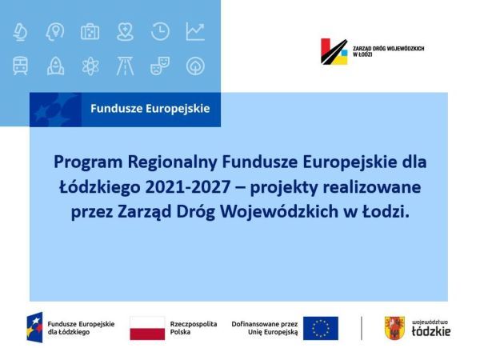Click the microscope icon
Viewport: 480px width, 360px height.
(x=20, y=31)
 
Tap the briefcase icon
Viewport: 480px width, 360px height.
(x=90, y=31)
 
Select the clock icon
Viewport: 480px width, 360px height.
(x=160, y=31)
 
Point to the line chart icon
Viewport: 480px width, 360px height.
(x=195, y=31)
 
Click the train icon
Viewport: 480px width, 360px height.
(x=20, y=66)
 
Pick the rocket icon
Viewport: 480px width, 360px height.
(x=55, y=66)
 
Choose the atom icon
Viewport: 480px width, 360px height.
(x=90, y=66)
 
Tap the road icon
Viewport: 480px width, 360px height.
(x=125, y=66)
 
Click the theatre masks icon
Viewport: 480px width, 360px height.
(x=160, y=66)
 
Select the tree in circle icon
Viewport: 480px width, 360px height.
(x=195, y=66)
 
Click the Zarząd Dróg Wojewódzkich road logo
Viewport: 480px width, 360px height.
(x=334, y=51)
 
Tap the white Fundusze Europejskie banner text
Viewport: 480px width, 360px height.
(x=150, y=108)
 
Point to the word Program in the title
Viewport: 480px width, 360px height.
(x=88, y=162)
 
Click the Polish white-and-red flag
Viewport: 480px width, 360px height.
(x=147, y=328)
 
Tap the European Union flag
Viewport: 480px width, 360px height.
(x=321, y=328)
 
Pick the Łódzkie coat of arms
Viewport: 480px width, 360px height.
(x=394, y=328)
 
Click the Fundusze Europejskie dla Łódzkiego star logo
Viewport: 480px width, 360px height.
(x=34, y=327)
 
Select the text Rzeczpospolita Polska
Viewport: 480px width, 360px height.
(x=194, y=328)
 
